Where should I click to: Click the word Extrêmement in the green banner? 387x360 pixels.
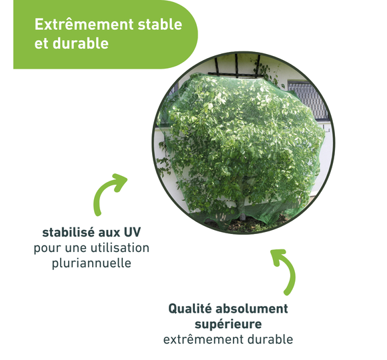click(x=84, y=25)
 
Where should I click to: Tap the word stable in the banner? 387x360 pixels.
click(x=159, y=25)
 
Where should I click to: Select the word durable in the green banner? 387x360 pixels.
click(x=81, y=43)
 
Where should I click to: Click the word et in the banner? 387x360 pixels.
click(x=41, y=44)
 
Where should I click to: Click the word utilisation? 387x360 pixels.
click(x=120, y=248)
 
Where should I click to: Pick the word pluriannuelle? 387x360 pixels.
click(x=91, y=263)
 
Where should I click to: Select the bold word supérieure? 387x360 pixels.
click(x=228, y=324)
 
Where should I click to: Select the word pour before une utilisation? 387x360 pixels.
click(x=47, y=249)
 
